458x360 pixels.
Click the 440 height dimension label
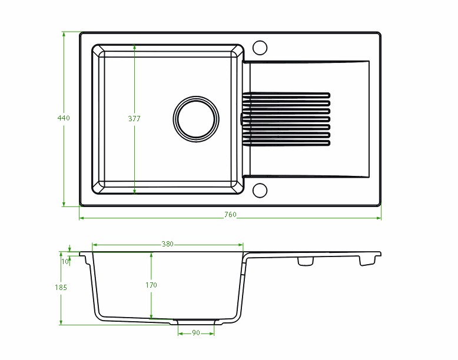(x=64, y=118)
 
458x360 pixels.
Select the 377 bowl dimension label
(x=134, y=118)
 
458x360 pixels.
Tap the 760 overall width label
(x=230, y=215)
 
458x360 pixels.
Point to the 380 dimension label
(x=167, y=244)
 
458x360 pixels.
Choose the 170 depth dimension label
(x=151, y=285)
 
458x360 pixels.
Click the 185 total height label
(x=61, y=288)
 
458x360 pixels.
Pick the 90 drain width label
(x=196, y=333)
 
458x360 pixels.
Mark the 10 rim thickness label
(x=65, y=261)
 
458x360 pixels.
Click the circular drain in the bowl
(x=196, y=118)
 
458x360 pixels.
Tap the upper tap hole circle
(x=260, y=47)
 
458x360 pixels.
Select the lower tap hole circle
(x=260, y=190)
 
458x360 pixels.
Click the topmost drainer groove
(x=287, y=94)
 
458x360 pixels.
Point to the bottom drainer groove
(x=287, y=142)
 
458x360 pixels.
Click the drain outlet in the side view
(x=196, y=322)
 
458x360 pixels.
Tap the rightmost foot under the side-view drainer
(x=367, y=261)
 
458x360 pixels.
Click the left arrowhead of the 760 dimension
(x=81, y=218)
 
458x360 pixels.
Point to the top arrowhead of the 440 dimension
(x=64, y=34)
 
